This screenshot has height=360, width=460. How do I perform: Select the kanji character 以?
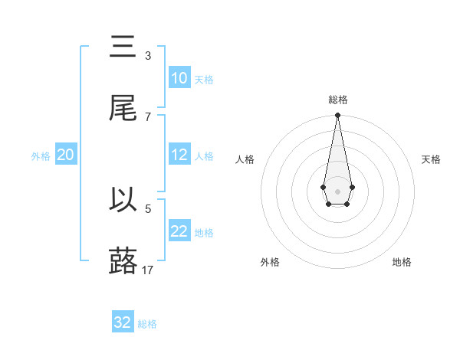tap(123, 200)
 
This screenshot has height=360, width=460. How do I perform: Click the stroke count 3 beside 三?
tap(148, 55)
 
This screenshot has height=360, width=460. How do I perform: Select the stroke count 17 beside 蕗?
tap(148, 270)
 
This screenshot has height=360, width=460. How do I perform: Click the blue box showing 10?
tap(179, 78)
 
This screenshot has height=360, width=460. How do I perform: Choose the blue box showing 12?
tap(179, 155)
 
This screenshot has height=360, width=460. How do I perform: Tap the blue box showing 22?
tap(179, 231)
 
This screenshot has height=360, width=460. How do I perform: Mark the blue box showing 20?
tap(66, 155)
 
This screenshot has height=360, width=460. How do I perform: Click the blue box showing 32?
tap(123, 322)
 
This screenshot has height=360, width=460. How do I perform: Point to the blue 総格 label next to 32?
tap(148, 324)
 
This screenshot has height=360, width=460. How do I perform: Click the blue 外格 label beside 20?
tap(41, 156)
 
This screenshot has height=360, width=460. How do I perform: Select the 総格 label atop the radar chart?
tap(337, 100)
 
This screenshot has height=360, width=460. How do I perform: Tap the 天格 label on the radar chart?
tap(431, 159)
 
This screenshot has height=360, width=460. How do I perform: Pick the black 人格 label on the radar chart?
tap(245, 159)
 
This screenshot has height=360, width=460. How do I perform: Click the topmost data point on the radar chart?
tap(337, 116)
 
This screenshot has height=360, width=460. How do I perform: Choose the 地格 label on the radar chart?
tap(402, 262)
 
